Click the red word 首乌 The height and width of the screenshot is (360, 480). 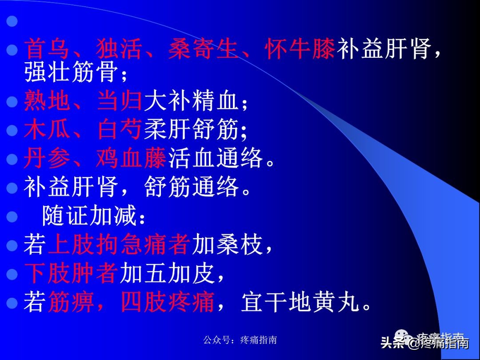pos(47,49)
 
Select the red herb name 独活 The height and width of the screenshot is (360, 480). pos(119,49)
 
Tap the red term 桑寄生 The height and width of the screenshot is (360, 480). pos(204,49)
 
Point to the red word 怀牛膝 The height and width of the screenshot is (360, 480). pos(300,49)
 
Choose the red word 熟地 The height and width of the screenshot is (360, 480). pos(47,101)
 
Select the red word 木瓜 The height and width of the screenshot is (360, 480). pos(47,130)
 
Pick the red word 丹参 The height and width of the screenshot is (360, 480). pos(47,159)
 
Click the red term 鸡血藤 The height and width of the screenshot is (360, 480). pos(131,159)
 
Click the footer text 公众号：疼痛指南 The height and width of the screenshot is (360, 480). pos(240,340)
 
